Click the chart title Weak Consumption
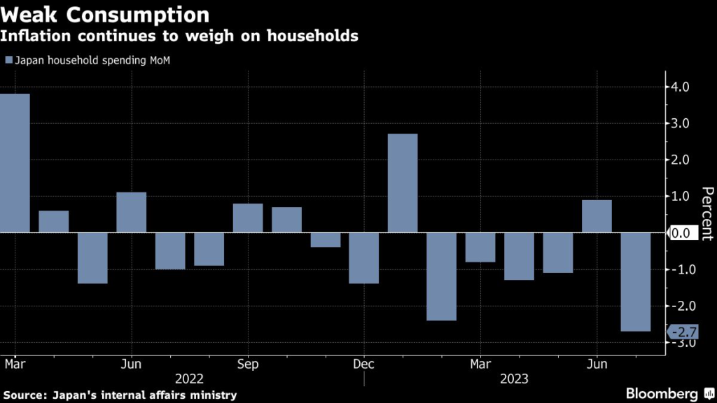click(104, 15)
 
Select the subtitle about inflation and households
click(180, 36)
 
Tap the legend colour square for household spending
click(8, 60)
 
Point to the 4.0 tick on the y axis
click(679, 87)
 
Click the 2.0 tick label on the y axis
click(679, 160)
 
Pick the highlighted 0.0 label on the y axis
click(680, 233)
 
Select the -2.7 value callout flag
click(681, 332)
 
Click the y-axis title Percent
click(707, 213)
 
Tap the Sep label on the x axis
click(248, 365)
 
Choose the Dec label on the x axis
click(364, 365)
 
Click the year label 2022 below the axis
click(190, 379)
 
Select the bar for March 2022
click(15, 163)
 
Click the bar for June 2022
click(131, 212)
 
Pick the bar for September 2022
click(248, 218)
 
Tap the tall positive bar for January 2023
click(403, 183)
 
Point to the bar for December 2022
click(364, 258)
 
